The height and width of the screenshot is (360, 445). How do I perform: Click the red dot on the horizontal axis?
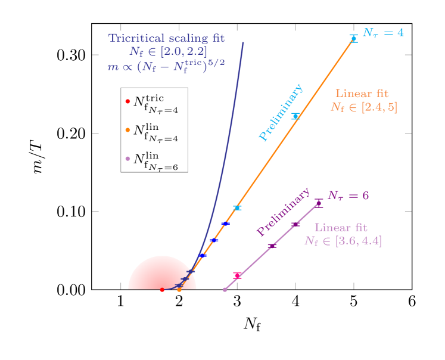[x=162, y=290]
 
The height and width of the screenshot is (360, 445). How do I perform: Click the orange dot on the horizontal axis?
[x=179, y=290]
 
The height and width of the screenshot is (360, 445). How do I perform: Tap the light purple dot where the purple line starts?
[x=225, y=290]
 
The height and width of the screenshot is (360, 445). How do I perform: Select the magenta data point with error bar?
[x=237, y=275]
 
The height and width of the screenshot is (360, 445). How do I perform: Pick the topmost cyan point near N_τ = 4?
[x=353, y=38]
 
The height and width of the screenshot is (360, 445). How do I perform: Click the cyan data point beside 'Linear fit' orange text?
[x=295, y=116]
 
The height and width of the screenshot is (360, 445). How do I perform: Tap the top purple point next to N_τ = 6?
[x=319, y=203]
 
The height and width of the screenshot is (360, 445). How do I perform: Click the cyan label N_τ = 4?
[x=383, y=32]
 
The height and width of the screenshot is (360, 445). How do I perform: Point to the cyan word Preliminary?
[x=281, y=112]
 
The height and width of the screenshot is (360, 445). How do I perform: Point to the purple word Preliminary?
[x=283, y=212]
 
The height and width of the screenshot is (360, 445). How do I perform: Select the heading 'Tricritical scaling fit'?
[x=166, y=38]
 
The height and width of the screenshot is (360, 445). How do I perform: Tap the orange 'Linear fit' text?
[x=362, y=94]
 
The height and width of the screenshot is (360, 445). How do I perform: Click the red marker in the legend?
[x=127, y=102]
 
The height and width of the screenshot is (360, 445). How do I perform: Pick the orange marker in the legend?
[x=127, y=129]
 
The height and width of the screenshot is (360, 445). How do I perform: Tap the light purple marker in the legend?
[x=127, y=158]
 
